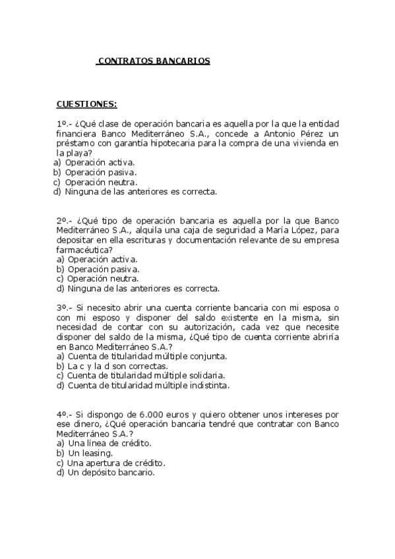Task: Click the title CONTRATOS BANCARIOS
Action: tap(153, 61)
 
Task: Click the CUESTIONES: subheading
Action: tap(86, 104)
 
